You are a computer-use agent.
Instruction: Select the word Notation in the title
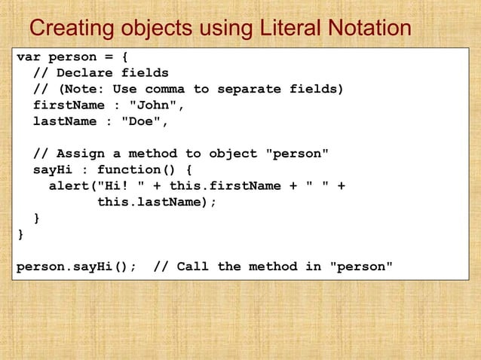pyautogui.click(x=368, y=29)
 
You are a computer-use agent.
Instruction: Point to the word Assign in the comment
pyautogui.click(x=81, y=154)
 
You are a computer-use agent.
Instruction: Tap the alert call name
pyautogui.click(x=69, y=186)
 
